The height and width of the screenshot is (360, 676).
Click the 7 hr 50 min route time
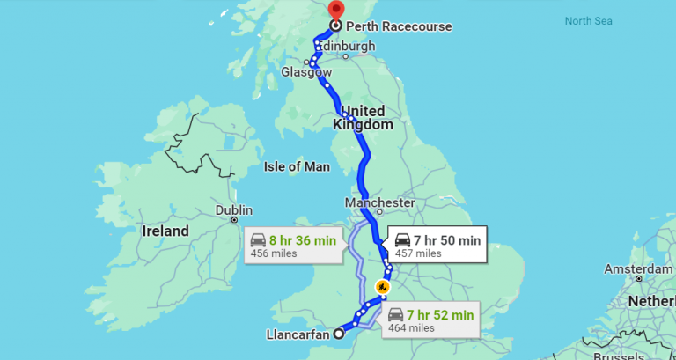[x=449, y=239]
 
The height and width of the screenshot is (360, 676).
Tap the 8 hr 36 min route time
[x=303, y=239]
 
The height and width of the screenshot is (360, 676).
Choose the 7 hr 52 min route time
[x=440, y=314]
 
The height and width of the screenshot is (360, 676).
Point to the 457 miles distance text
[x=417, y=253]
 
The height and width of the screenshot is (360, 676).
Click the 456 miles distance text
[x=273, y=253]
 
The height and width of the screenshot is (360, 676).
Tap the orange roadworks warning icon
[x=382, y=286]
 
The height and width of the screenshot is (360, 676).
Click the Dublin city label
[x=234, y=210]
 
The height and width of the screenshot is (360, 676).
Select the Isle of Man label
[x=297, y=165]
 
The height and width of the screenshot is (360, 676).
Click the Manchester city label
[x=379, y=202]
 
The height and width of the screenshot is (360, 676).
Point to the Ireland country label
[x=165, y=231]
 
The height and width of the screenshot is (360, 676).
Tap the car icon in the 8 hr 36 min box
[x=258, y=240]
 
